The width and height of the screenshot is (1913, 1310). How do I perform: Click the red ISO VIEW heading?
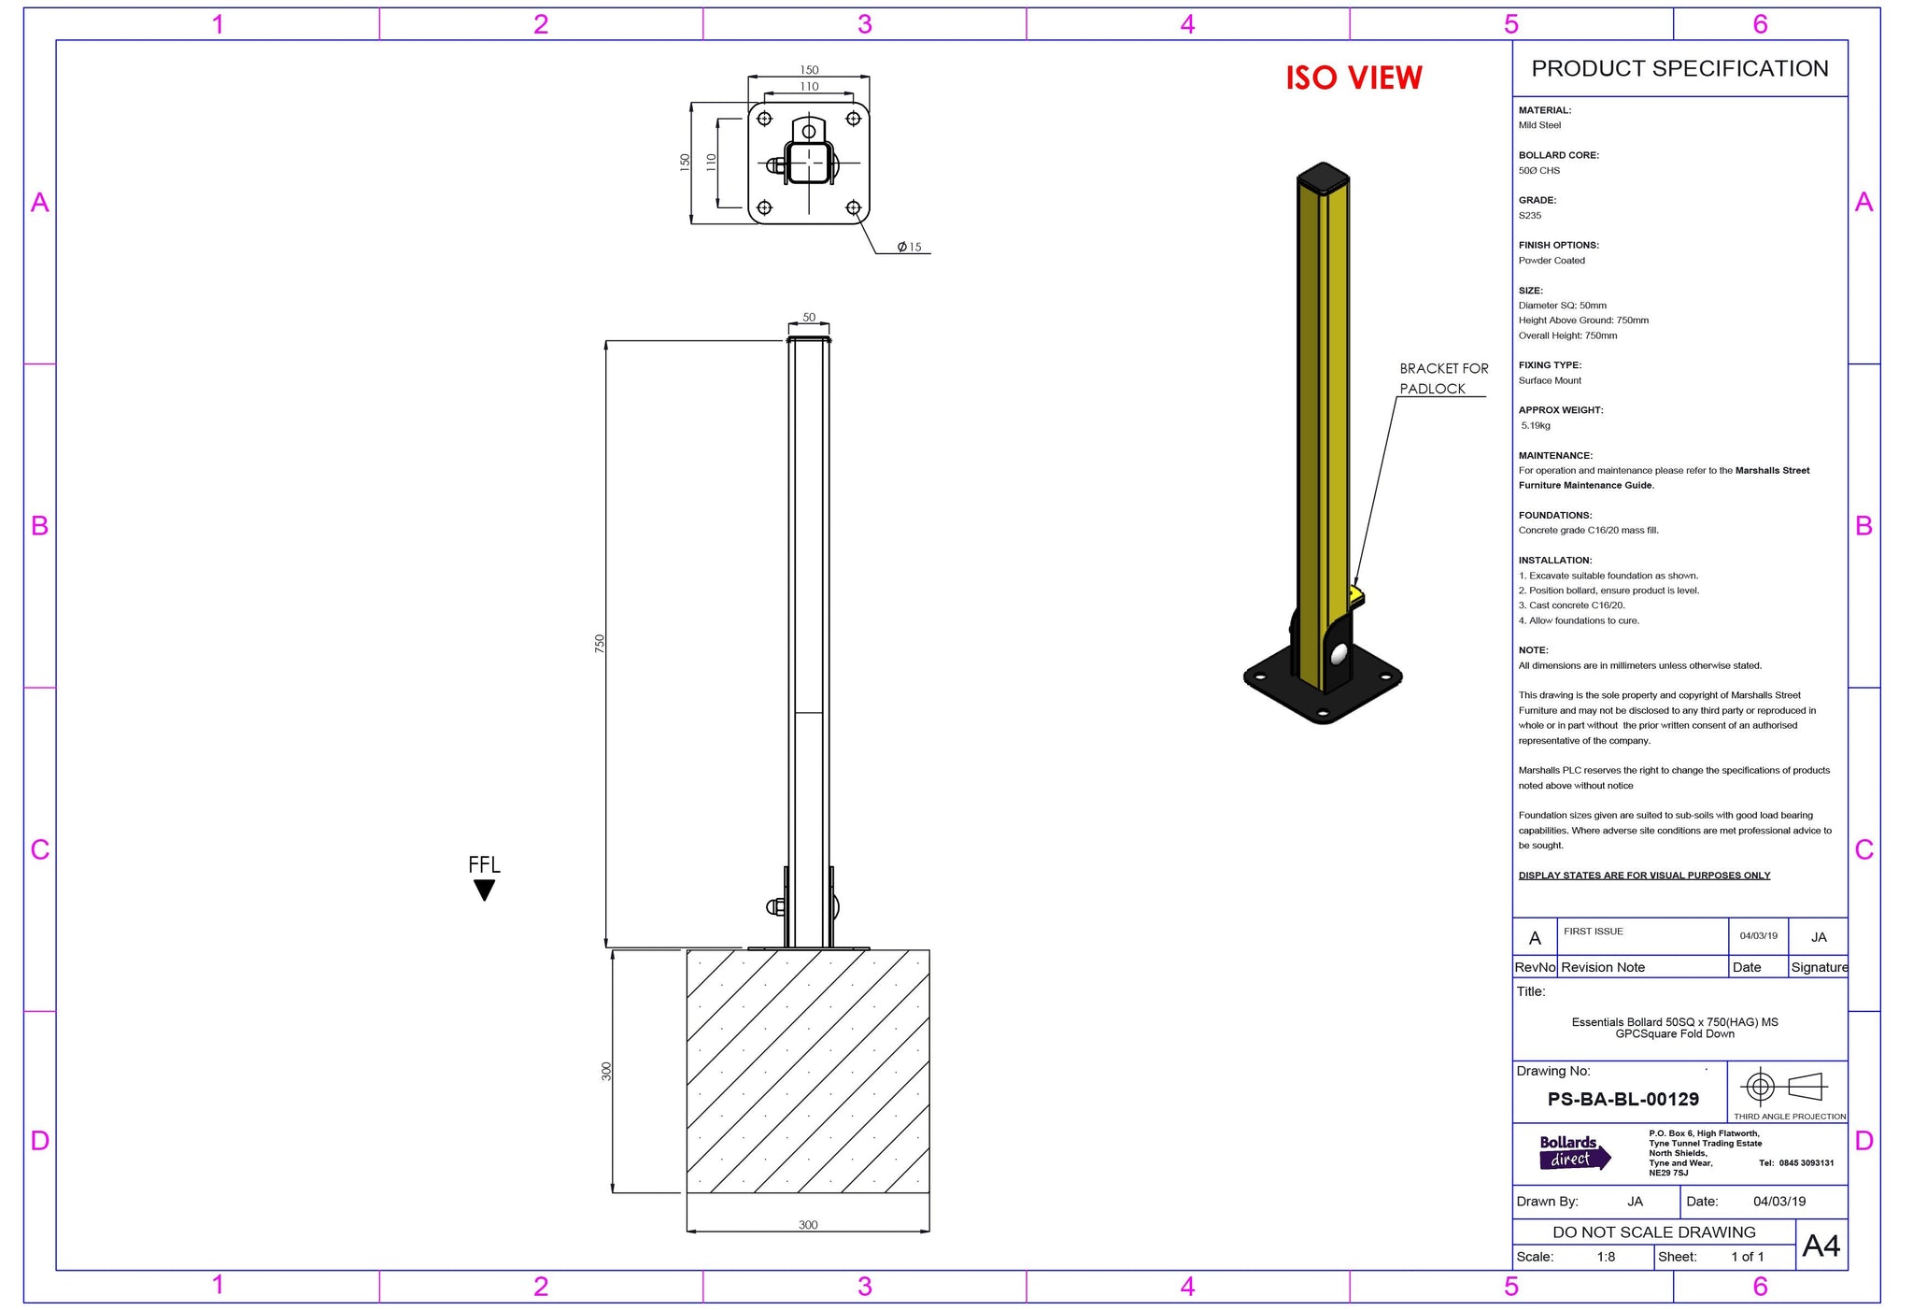point(1353,78)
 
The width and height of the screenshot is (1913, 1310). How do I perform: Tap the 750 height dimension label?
point(600,643)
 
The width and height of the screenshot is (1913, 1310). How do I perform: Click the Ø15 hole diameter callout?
point(909,247)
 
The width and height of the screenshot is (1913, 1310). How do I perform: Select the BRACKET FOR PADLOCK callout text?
point(1442,378)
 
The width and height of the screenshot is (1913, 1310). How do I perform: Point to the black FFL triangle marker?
point(484,890)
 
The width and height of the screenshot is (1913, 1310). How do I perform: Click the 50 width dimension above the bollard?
point(809,317)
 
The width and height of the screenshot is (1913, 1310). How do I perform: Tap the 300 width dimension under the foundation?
point(808,1224)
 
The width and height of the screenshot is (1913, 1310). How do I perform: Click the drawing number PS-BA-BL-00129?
point(1623,1099)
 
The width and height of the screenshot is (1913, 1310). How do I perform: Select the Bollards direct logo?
point(1574,1152)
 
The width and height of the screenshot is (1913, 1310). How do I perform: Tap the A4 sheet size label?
point(1821,1246)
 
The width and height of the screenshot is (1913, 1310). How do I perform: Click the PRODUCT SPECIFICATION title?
point(1679,68)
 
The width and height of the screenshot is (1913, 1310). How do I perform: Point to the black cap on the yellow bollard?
point(1324,176)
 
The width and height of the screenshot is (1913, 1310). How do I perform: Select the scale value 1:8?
point(1606,1257)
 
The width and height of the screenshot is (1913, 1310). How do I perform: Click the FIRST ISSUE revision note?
point(1594,932)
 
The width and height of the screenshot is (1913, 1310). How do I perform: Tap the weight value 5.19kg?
point(1536,425)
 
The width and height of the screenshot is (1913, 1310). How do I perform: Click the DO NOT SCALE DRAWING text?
point(1653,1232)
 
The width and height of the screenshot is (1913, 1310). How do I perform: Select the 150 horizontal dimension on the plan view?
point(809,70)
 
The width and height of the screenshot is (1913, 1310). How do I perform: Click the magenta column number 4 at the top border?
point(1187,24)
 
